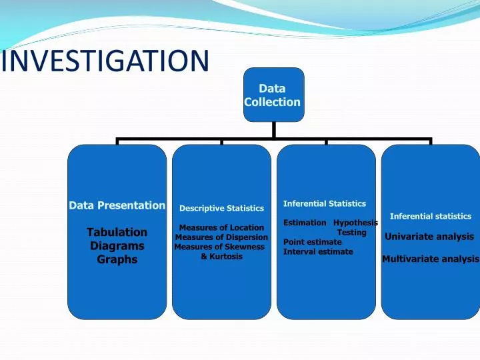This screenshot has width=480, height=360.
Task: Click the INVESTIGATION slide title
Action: (x=105, y=61)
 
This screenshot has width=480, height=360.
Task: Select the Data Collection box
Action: (x=272, y=95)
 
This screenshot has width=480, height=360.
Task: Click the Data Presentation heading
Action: (x=117, y=205)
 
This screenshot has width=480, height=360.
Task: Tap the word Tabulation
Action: (x=117, y=232)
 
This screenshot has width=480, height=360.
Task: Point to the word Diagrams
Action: (x=117, y=246)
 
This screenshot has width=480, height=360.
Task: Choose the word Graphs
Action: (x=117, y=259)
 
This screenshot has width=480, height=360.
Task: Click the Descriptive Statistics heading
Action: (x=221, y=209)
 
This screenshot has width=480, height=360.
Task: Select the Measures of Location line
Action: (x=221, y=228)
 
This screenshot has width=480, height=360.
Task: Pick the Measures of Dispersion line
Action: (x=221, y=237)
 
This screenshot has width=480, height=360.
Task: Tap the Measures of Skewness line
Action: (x=219, y=247)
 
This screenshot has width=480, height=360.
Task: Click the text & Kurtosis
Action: (x=221, y=256)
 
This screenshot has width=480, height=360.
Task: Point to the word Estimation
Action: (x=305, y=223)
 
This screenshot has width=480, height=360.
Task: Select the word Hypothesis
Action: (x=355, y=223)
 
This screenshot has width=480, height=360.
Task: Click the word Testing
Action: (x=351, y=233)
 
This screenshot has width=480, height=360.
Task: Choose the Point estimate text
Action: (x=312, y=242)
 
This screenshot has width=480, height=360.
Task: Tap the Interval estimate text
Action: (x=318, y=252)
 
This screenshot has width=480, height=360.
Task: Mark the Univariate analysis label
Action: (x=429, y=237)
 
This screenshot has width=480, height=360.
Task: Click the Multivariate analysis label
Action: (x=431, y=259)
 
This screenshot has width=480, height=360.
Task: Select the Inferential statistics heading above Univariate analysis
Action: (x=430, y=216)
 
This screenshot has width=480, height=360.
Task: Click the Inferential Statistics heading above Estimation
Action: (x=325, y=204)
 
